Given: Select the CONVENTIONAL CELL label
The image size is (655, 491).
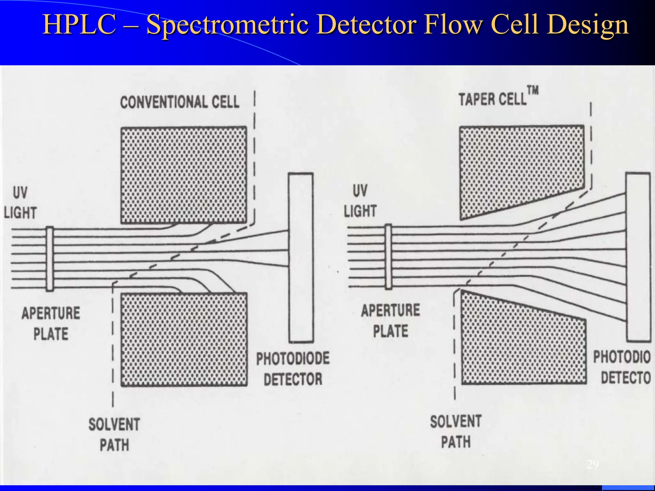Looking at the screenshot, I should pos(179,102).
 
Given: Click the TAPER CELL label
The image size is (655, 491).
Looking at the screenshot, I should pos(492,99).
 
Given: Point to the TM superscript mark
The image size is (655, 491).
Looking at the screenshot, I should pos(533,90).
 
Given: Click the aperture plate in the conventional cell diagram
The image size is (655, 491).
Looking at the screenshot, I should pos(50,259).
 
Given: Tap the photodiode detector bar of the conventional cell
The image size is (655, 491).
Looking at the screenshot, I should pos(301,258).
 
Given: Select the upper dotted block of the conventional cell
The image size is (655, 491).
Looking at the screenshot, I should pos(184,175).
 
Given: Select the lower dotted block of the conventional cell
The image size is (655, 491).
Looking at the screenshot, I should pos(184,339).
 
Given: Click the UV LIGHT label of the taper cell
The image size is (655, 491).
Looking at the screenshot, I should pos(360,201).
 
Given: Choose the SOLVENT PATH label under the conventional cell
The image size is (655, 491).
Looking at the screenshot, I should pos(114,434).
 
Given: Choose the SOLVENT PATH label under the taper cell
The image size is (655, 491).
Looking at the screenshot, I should pos(456,432).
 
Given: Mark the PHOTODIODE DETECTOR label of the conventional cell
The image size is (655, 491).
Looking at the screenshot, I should pos(293,369).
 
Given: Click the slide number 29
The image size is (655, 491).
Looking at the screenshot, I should pos(593,464).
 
